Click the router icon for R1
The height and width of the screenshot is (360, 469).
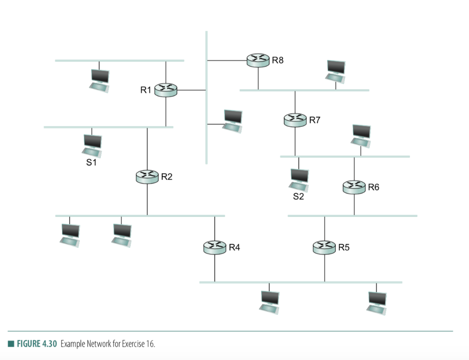(165, 90)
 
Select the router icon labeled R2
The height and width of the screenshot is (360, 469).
(147, 176)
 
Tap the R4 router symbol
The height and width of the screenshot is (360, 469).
(214, 247)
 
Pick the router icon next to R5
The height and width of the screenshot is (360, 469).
(324, 247)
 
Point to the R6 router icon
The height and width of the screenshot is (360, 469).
(354, 187)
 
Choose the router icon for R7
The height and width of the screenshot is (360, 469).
(295, 120)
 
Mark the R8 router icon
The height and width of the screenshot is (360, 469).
(258, 60)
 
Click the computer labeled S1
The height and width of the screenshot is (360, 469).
(92, 145)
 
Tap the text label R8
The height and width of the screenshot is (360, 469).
(278, 60)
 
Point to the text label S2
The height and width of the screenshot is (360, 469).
(299, 197)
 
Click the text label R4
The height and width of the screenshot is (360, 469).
(234, 247)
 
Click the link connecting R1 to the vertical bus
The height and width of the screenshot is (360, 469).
(191, 90)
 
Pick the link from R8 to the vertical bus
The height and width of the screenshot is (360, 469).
(227, 60)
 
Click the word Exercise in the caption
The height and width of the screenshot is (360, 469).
(133, 344)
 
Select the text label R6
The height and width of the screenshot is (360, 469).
(373, 187)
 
